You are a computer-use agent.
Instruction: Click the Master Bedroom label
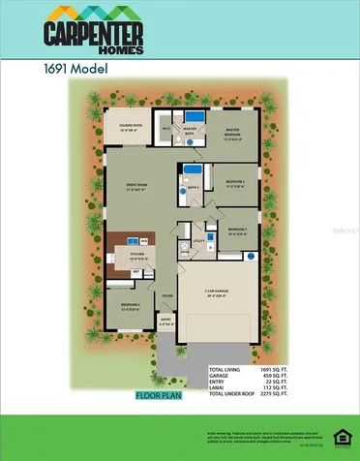(x=232, y=132)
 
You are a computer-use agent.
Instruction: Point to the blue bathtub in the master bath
(x=190, y=140)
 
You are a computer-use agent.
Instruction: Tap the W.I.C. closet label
(x=165, y=126)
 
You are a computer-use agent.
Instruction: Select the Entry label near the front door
(x=165, y=322)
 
